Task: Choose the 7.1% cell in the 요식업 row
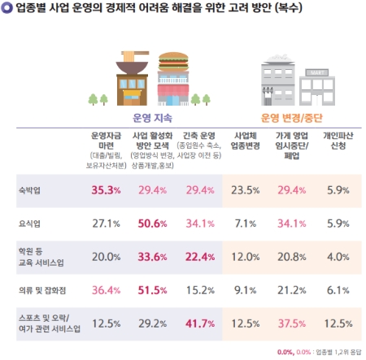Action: (x=245, y=223)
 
